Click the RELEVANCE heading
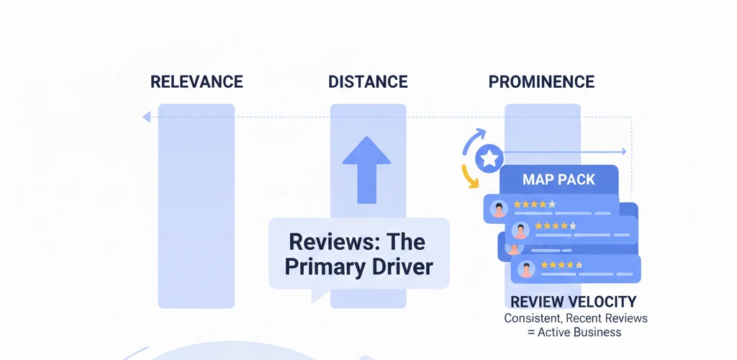coord(196,82)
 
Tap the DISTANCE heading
coord(368,82)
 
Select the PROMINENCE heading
coord(541,82)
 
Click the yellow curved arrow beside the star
coord(469,176)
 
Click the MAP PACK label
coord(559,179)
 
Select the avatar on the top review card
coord(498,209)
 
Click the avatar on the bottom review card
coord(527,269)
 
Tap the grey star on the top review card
coord(552,204)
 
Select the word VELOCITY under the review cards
coord(602,302)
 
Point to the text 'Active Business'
coord(579,332)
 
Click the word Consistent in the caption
coord(533,318)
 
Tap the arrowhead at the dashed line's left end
coord(146,117)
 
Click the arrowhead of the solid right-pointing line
coord(623,152)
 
